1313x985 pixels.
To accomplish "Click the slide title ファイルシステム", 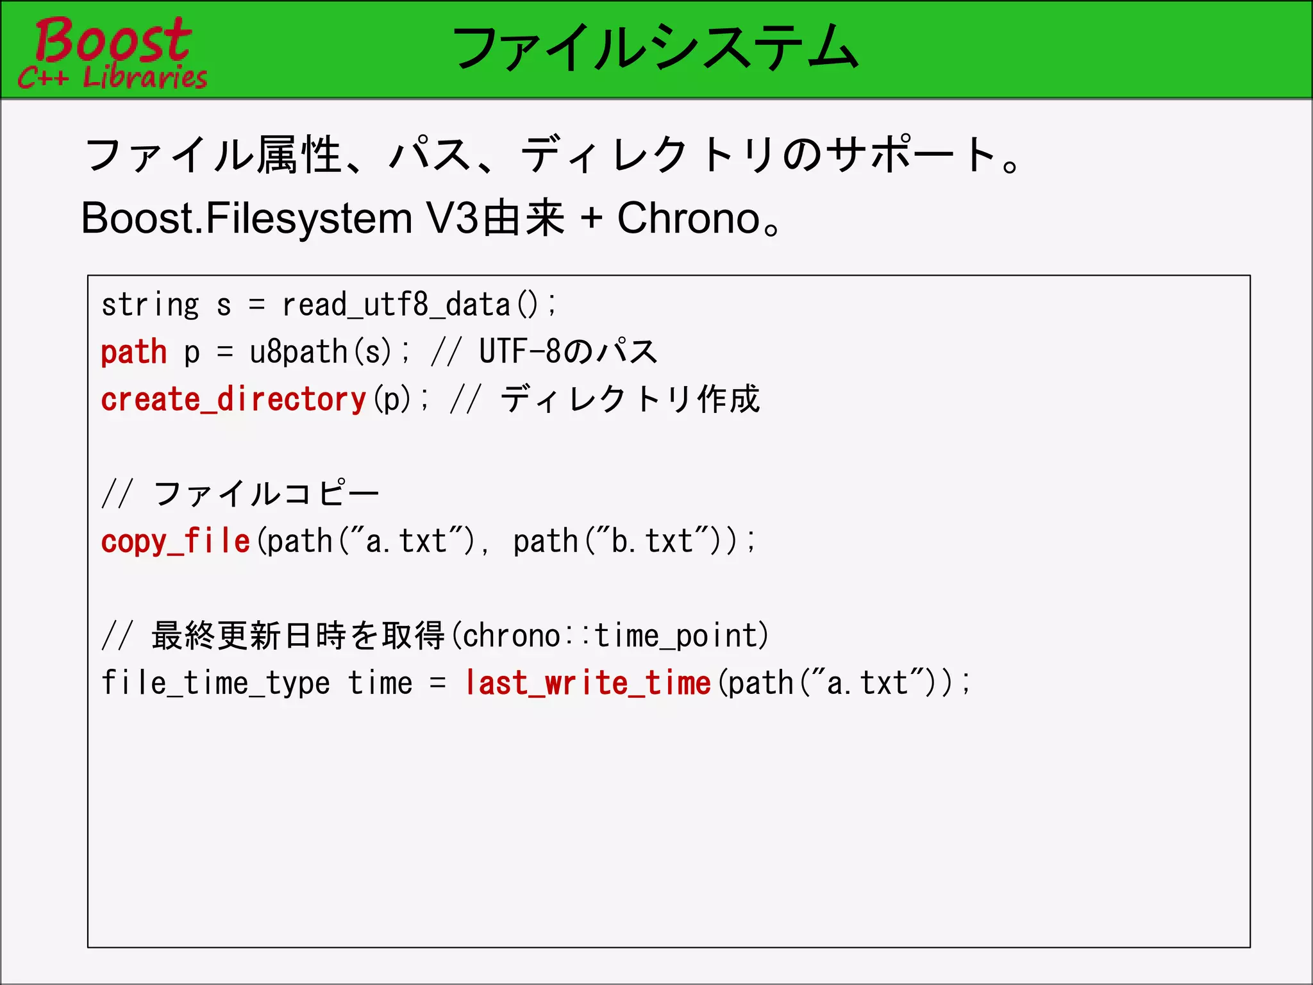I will pyautogui.click(x=655, y=48).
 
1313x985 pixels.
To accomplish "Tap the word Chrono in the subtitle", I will pyautogui.click(x=689, y=219).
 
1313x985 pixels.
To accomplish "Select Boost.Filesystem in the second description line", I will pyautogui.click(x=247, y=219).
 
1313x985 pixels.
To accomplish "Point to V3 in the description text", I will pyautogui.click(x=453, y=219).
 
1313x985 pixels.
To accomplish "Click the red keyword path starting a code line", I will pyautogui.click(x=134, y=352).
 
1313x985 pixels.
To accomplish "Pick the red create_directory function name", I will pyautogui.click(x=233, y=400).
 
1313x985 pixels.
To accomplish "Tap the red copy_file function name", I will pyautogui.click(x=175, y=541).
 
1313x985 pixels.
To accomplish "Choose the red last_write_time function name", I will pyautogui.click(x=588, y=683).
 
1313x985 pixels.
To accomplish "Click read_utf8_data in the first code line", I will pyautogui.click(x=396, y=305).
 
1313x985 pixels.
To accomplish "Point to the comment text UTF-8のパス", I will pyautogui.click(x=568, y=352).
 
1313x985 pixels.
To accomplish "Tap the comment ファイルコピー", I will pyautogui.click(x=267, y=494).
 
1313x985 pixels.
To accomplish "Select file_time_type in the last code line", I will pyautogui.click(x=215, y=683).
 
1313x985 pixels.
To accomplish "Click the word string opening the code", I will pyautogui.click(x=150, y=305).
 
